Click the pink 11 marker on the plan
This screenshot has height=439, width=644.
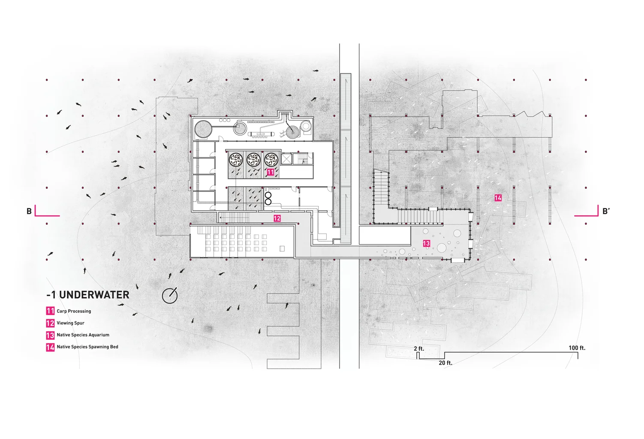coord(270,172)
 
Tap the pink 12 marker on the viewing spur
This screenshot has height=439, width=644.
coord(277,218)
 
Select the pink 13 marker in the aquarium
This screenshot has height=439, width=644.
coord(426,243)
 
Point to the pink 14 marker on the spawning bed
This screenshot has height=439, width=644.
coord(498,198)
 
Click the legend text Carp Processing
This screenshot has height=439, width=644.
coord(74,311)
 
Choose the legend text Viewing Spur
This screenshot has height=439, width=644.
coord(70,323)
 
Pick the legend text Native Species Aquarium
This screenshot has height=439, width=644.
coord(83,335)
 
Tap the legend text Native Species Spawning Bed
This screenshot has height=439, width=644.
coord(87,347)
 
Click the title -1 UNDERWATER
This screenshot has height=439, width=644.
coord(88,295)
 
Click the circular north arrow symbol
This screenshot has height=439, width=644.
coord(170,295)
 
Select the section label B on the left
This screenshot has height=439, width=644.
coord(29,211)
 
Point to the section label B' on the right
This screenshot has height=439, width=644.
coord(606,211)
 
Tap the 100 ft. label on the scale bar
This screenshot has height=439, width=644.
coord(577,348)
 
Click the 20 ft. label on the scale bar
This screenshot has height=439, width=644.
coord(445,363)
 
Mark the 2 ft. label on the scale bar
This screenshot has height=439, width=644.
coord(419,348)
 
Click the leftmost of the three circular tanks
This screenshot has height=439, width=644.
coord(235,160)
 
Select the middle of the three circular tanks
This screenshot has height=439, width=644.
coord(253,160)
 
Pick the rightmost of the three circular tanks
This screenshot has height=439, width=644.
coord(271,160)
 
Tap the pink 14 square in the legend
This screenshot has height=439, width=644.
coord(50,347)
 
